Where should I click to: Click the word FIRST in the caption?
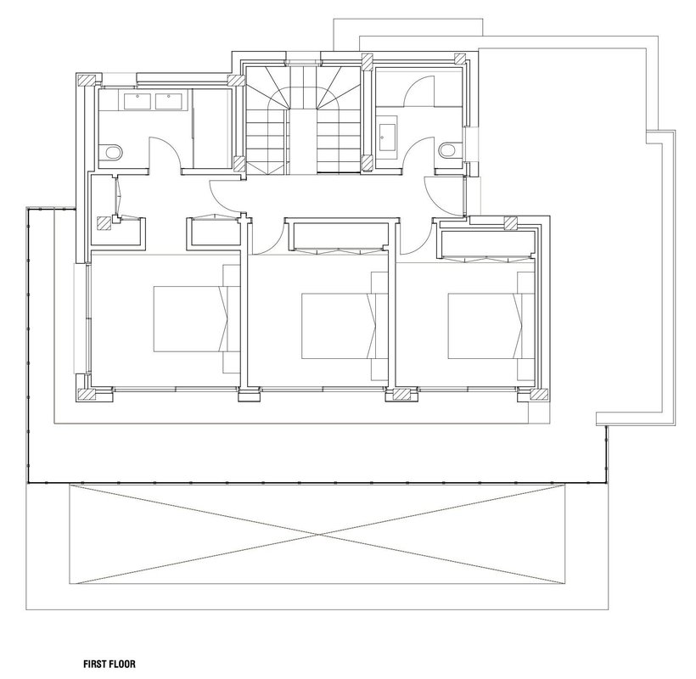[94, 664]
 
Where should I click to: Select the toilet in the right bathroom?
[450, 150]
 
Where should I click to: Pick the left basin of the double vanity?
[138, 102]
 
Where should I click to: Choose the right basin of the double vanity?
[169, 102]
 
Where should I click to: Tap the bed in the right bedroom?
[491, 326]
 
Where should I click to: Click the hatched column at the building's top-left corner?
[87, 81]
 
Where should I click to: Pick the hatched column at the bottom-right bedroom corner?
[539, 395]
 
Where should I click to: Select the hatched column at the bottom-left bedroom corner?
[87, 395]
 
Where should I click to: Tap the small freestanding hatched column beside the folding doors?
[104, 222]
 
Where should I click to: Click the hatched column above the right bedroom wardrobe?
[511, 223]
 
